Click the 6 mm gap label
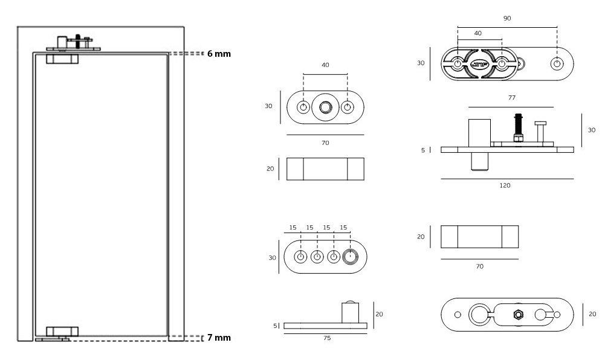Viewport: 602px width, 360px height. (x=218, y=54)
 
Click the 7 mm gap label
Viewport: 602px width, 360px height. (x=218, y=337)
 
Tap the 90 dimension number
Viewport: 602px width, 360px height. (x=507, y=19)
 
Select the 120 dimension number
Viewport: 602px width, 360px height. (x=505, y=185)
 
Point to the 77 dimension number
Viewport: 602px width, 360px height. (x=513, y=97)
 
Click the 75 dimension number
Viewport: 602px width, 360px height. (x=326, y=338)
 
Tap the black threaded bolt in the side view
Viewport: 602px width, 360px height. (x=518, y=127)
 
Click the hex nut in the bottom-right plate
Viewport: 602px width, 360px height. (x=517, y=314)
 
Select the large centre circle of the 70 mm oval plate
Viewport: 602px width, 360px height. (x=325, y=108)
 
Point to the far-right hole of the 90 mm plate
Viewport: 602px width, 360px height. (x=557, y=63)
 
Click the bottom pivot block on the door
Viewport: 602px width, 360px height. (x=62, y=332)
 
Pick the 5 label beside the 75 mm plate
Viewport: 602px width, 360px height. (x=275, y=326)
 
